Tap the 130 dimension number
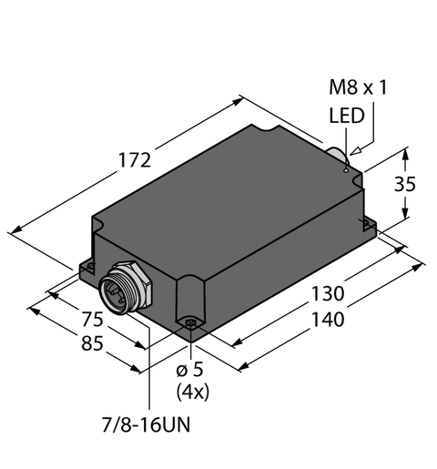[327, 295]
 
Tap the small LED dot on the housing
[346, 167]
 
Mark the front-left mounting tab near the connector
[87, 268]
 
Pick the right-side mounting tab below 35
[367, 228]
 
